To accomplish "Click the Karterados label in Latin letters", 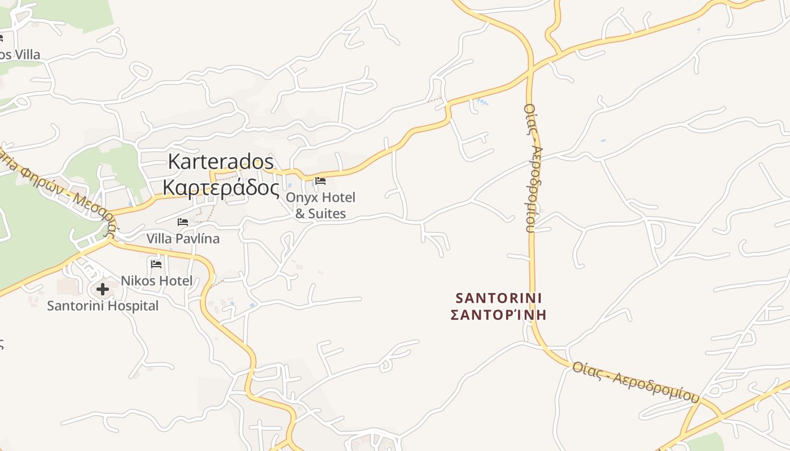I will coord(221,162).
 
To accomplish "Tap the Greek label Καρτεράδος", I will coord(221,188).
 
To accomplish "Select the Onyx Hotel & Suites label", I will coord(321,205).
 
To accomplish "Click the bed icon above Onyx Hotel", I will coord(321,181).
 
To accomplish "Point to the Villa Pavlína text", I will coord(183,238).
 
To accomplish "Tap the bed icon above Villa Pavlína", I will coord(183,222).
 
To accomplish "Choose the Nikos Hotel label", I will coord(156,280).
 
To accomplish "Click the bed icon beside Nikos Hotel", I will coord(156,264).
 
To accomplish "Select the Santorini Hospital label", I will coord(103,306).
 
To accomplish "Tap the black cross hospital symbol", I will coord(103,289).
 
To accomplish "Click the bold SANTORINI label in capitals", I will coord(499,297).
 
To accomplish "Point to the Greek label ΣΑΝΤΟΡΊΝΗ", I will coord(499,315).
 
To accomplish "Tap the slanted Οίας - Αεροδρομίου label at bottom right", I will coord(635,382).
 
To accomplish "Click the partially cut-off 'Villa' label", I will coord(20,55).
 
